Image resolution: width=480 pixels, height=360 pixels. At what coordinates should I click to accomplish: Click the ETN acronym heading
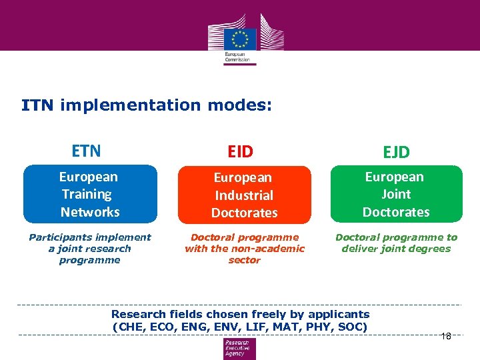pyautogui.click(x=87, y=151)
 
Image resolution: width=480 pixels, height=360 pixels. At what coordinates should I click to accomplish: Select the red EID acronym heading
pyautogui.click(x=241, y=152)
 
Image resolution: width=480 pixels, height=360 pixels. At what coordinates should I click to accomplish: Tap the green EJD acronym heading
pyautogui.click(x=396, y=153)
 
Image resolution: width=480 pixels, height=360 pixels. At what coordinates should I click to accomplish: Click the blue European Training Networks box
pyautogui.click(x=90, y=194)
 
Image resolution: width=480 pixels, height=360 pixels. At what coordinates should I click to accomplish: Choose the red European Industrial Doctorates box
pyautogui.click(x=244, y=195)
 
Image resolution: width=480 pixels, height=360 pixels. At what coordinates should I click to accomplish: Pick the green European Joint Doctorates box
pyautogui.click(x=396, y=194)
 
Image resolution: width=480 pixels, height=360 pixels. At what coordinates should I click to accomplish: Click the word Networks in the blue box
pyautogui.click(x=90, y=212)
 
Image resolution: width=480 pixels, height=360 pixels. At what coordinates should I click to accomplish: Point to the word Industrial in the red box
pyautogui.click(x=244, y=195)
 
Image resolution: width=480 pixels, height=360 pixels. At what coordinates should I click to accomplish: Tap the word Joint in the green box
pyautogui.click(x=396, y=194)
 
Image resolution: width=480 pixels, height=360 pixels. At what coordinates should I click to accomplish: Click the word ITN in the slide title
pyautogui.click(x=37, y=105)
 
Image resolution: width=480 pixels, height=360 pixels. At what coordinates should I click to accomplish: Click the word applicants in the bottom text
pyautogui.click(x=337, y=314)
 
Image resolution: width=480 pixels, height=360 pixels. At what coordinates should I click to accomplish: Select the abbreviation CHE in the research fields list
pyautogui.click(x=131, y=327)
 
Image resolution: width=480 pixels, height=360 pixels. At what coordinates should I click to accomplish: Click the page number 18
pyautogui.click(x=446, y=336)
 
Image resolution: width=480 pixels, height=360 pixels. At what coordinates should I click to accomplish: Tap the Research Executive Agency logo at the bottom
pyautogui.click(x=239, y=348)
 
